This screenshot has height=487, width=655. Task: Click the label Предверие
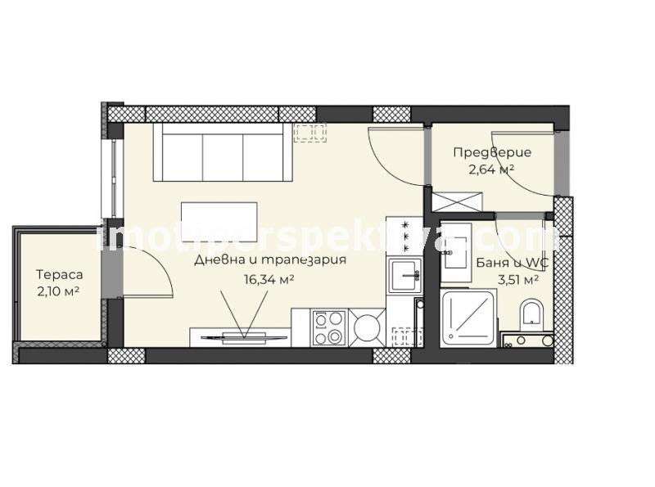click(x=493, y=152)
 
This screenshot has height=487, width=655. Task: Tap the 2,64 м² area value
click(x=491, y=169)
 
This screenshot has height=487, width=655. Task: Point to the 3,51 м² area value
click(x=517, y=280)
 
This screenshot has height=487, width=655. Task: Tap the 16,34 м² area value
click(x=269, y=279)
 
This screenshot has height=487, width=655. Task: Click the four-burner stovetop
click(x=330, y=327)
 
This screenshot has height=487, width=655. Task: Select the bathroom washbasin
click(x=455, y=246)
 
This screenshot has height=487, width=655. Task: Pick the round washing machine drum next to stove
click(x=367, y=327)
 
